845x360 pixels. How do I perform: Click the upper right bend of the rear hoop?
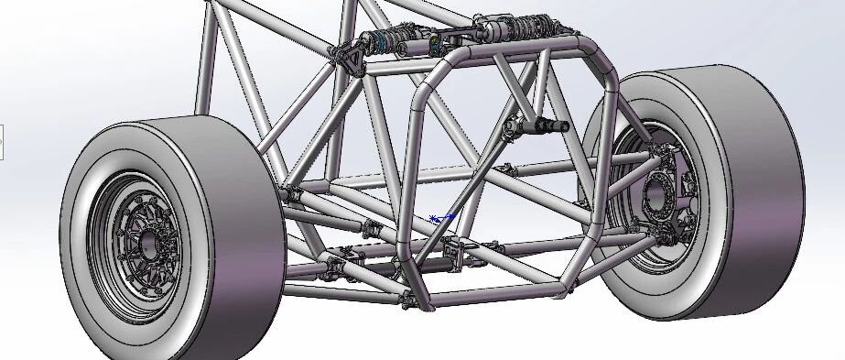pyautogui.click(x=600, y=60)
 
